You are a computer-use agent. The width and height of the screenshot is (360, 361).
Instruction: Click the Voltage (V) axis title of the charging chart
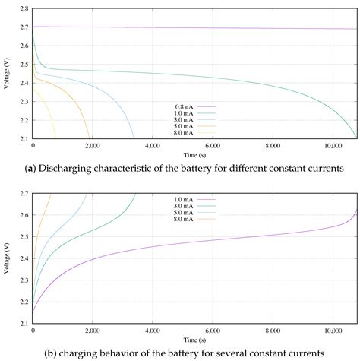point(6,258)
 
